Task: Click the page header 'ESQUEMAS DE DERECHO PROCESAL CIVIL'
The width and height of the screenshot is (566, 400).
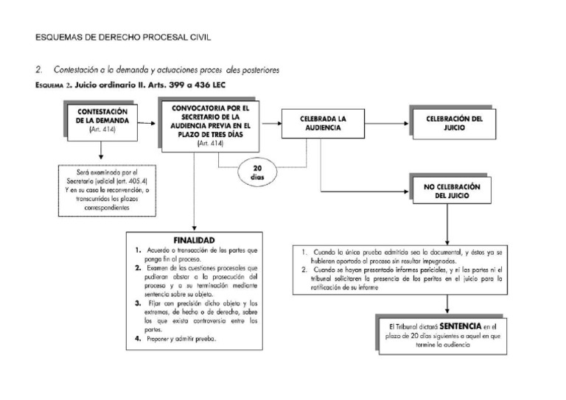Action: [127, 37]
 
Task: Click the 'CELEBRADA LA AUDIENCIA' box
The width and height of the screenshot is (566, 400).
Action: [321, 123]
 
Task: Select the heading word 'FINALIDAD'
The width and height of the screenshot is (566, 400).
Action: [193, 240]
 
